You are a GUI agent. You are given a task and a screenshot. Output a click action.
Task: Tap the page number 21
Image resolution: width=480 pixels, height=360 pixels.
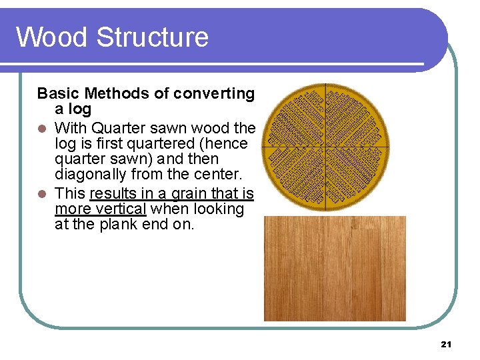click(446, 344)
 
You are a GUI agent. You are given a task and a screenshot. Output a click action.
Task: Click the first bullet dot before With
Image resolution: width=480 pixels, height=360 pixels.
click(42, 128)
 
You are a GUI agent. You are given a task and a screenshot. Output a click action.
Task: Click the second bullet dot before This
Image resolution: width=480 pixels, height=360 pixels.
click(42, 194)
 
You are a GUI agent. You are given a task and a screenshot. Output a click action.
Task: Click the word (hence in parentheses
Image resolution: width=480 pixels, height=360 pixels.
click(227, 143)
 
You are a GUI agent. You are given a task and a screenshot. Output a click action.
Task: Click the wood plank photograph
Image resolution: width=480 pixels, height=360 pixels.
click(335, 268)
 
